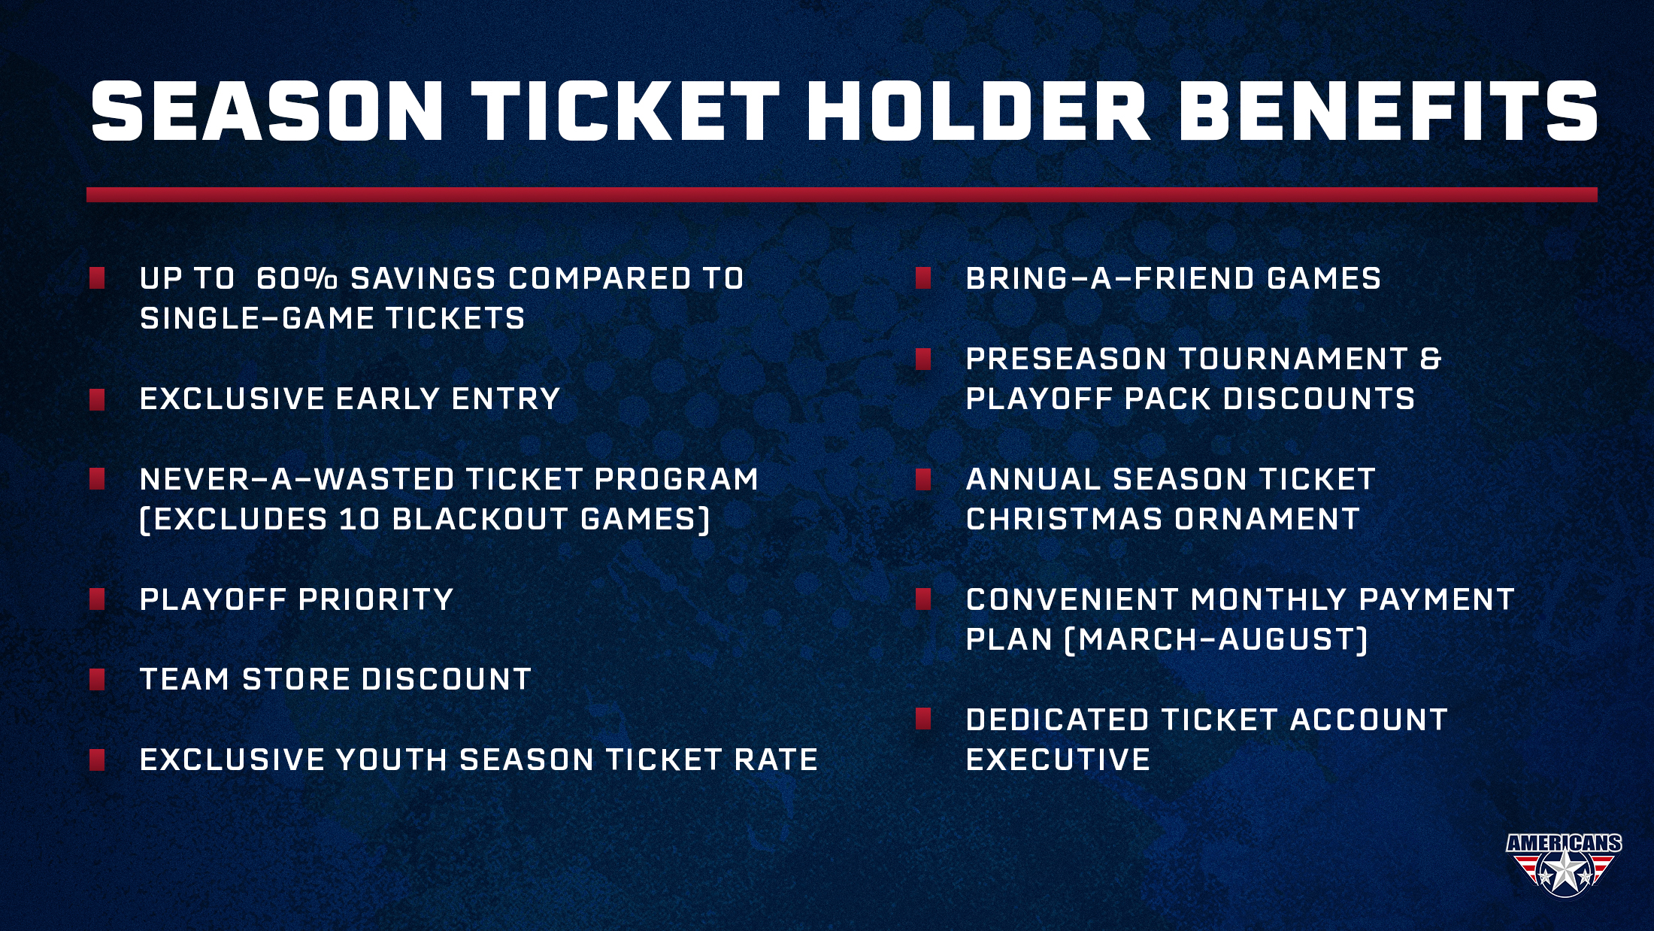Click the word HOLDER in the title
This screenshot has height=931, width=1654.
977,111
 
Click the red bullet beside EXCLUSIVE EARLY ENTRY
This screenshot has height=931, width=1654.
97,399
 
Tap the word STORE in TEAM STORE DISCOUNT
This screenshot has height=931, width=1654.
295,679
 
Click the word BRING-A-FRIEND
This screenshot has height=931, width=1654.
1110,278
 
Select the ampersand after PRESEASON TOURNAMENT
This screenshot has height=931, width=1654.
1431,359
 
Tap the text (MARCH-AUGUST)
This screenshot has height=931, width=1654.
1216,639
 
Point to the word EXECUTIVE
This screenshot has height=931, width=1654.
1058,760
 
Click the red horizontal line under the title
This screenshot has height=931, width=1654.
842,195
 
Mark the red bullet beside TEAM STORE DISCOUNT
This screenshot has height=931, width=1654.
97,680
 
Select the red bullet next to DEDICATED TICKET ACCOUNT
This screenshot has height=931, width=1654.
924,720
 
